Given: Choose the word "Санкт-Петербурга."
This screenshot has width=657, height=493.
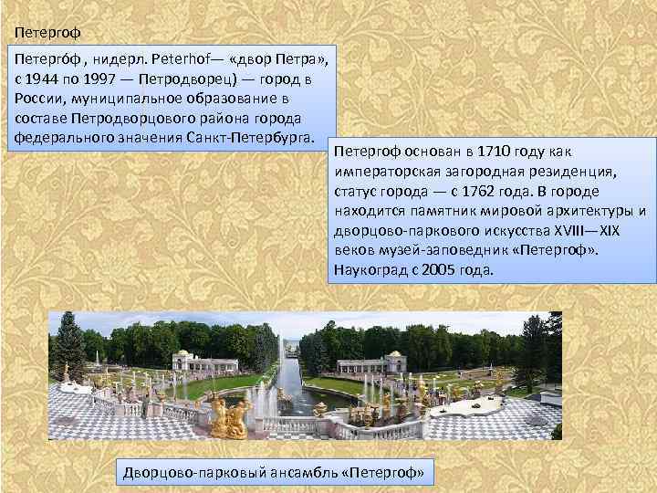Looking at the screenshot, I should coord(253,140).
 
